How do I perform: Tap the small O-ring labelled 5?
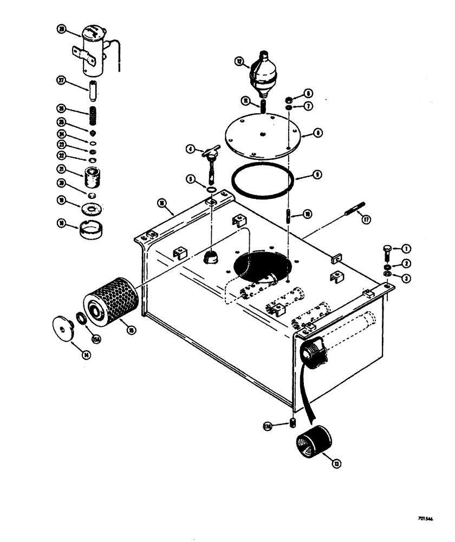[x=212, y=189]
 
